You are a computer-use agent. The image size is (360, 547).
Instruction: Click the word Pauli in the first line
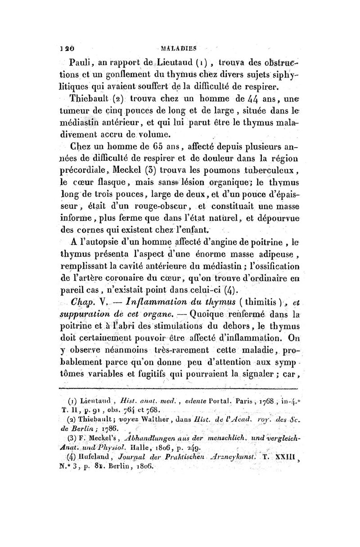coord(78,62)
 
